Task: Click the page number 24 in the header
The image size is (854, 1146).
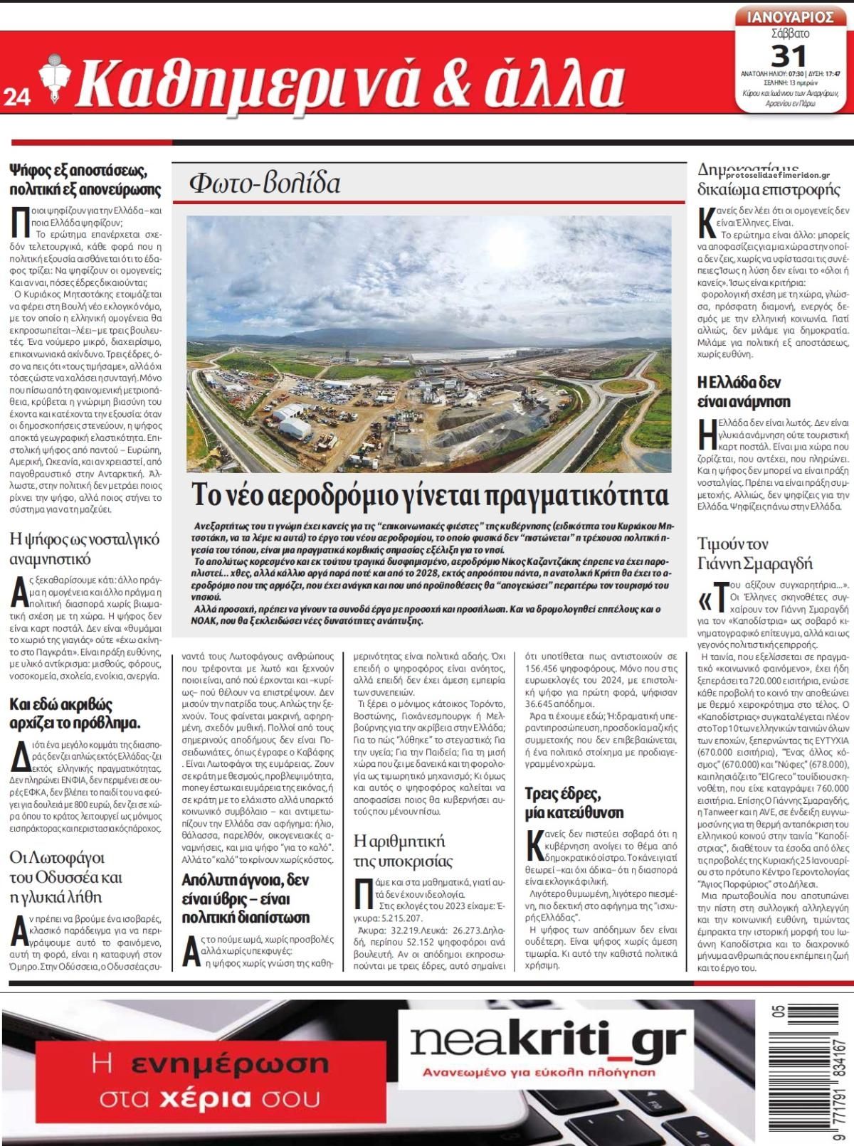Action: [16, 98]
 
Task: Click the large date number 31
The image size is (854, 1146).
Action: [789, 55]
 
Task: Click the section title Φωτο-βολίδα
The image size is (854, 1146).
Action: [265, 184]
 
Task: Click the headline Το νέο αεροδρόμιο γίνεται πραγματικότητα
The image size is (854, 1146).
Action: [430, 494]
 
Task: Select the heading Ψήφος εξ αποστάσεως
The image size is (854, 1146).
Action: [85, 180]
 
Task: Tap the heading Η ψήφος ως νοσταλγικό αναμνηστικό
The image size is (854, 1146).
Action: [84, 548]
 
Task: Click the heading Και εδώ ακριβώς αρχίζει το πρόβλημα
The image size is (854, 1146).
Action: [75, 713]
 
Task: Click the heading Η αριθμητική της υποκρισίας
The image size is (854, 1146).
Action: [403, 851]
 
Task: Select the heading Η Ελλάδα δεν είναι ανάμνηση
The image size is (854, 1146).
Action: [744, 391]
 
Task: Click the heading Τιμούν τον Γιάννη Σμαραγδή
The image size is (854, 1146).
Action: [754, 553]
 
